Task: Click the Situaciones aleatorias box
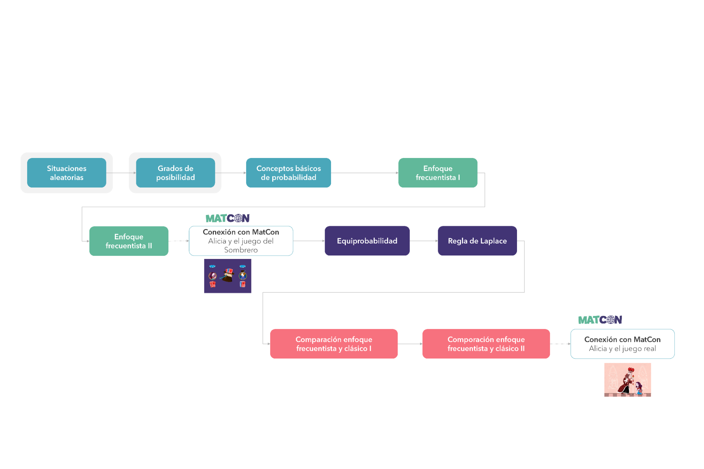pyautogui.click(x=67, y=173)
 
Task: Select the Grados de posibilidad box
pyautogui.click(x=175, y=173)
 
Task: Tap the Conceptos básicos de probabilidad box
pyautogui.click(x=288, y=173)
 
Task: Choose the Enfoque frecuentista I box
pyautogui.click(x=438, y=173)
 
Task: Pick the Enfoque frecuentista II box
pyautogui.click(x=129, y=241)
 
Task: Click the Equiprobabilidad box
pyautogui.click(x=367, y=241)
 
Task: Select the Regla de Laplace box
pyautogui.click(x=477, y=241)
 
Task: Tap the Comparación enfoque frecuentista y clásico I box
pyautogui.click(x=334, y=344)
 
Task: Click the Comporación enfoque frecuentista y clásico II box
pyautogui.click(x=486, y=344)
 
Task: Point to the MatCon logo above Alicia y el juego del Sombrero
pyautogui.click(x=228, y=218)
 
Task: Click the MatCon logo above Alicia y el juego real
pyautogui.click(x=600, y=320)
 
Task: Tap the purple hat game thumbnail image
pyautogui.click(x=228, y=276)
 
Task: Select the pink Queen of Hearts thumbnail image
pyautogui.click(x=628, y=380)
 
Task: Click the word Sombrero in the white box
pyautogui.click(x=241, y=250)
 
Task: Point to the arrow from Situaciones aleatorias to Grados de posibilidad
pyautogui.click(x=121, y=173)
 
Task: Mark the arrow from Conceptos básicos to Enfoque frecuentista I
pyautogui.click(x=365, y=173)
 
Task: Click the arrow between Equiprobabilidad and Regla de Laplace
pyautogui.click(x=424, y=241)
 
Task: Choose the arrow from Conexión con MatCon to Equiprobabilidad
pyautogui.click(x=309, y=241)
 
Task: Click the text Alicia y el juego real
pyautogui.click(x=622, y=349)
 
